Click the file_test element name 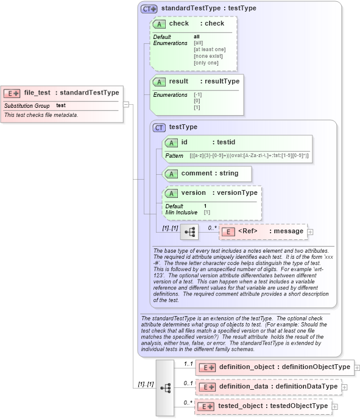[37, 93]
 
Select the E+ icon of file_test [12, 93]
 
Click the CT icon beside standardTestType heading [149, 9]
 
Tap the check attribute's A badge [160, 24]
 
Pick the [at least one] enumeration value [210, 49]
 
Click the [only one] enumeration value [206, 63]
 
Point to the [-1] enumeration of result [197, 95]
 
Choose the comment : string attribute [209, 174]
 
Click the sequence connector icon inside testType [189, 231]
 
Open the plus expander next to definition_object [357, 367]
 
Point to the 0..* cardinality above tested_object [188, 402]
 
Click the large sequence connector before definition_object [164, 387]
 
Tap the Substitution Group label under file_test [27, 106]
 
